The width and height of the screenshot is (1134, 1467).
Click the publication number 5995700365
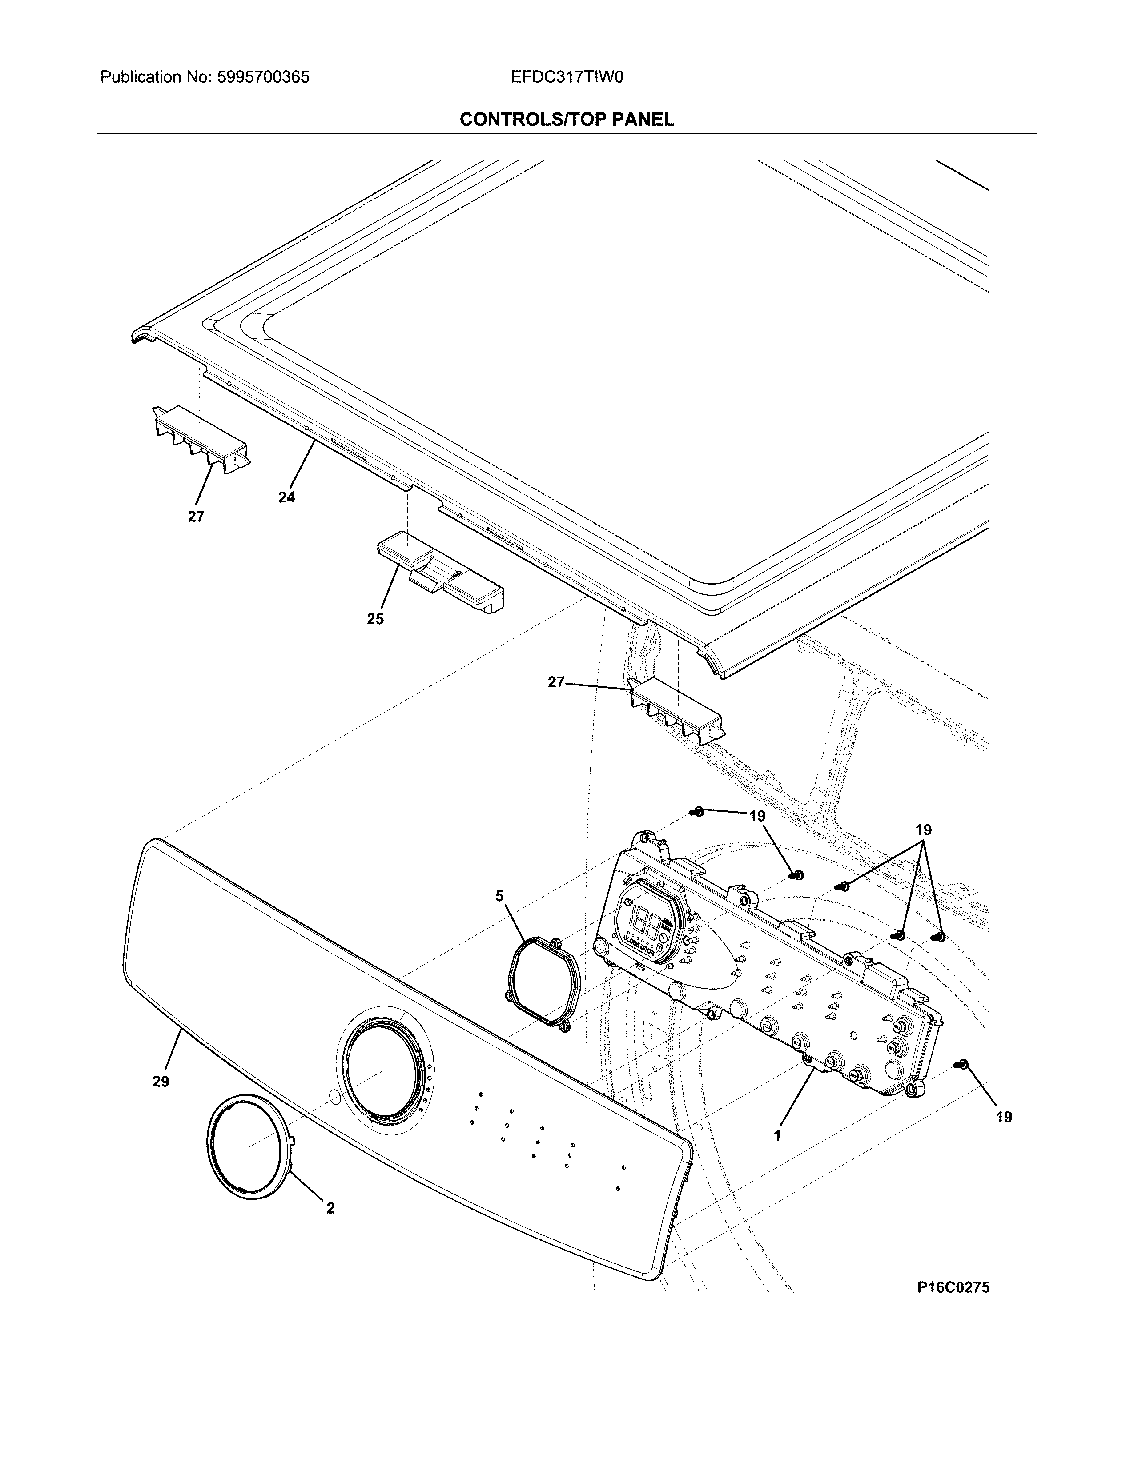pos(263,77)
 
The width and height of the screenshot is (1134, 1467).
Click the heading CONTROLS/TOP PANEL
pos(566,120)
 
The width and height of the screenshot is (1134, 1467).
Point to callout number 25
pos(375,619)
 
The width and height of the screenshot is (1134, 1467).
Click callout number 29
pos(161,1082)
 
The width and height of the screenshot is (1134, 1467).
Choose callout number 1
pos(777,1137)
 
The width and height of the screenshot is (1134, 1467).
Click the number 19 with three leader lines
pos(924,830)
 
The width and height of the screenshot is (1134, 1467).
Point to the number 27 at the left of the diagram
pos(196,517)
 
